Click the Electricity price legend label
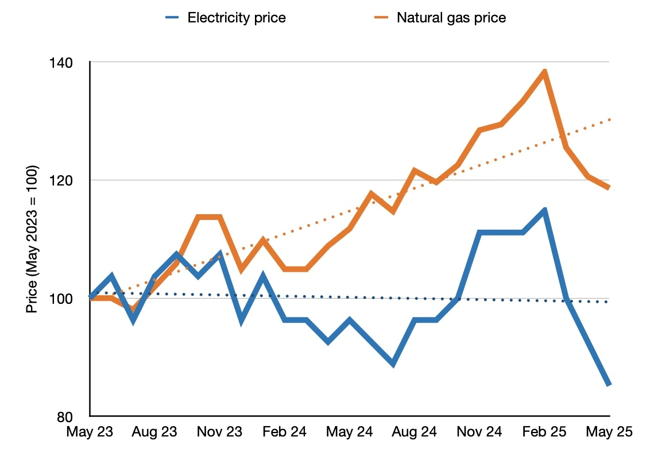[x=237, y=17]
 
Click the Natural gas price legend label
[x=451, y=17]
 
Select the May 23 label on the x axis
[x=90, y=432]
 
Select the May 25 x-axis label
[x=609, y=432]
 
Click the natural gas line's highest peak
[x=544, y=71]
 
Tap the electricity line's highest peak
[x=544, y=210]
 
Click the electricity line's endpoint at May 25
[x=609, y=384]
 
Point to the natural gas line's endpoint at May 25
[x=609, y=187]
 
